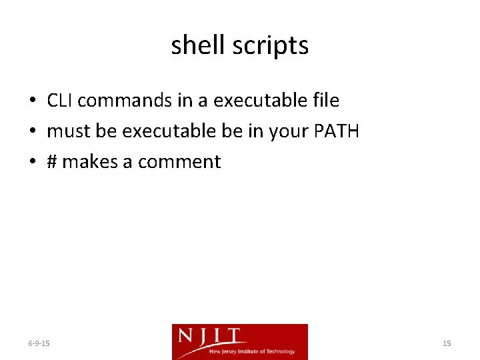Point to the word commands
coord(125,101)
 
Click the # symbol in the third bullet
coord(52,162)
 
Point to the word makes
coord(89,162)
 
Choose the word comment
coord(179,162)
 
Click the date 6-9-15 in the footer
coord(39,343)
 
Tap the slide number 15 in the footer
coord(447,343)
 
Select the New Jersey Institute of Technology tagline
coord(252,351)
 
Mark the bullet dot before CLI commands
coord(32,101)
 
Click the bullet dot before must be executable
coord(32,132)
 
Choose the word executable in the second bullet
coord(169,131)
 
